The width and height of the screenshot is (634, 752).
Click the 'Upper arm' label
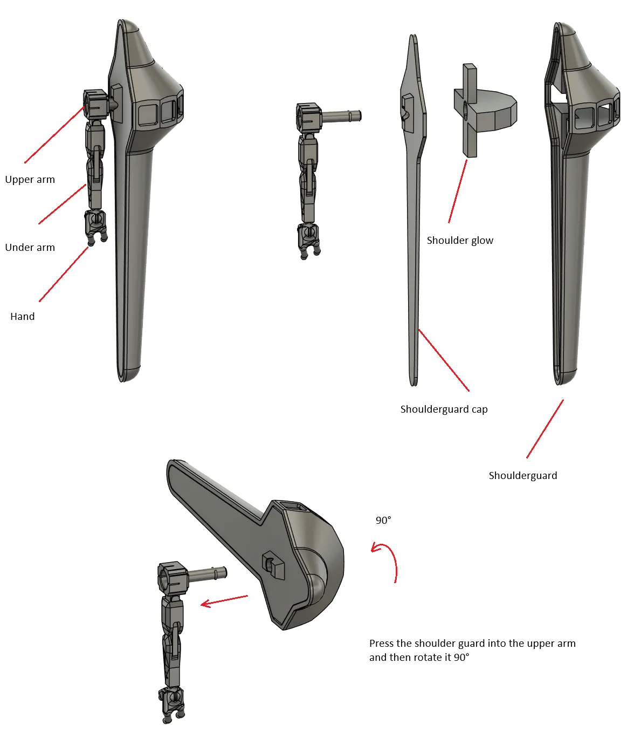(30, 179)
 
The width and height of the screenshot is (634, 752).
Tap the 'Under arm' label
(30, 248)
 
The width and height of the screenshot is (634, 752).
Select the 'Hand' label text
(22, 317)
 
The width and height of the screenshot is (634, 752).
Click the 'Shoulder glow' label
(460, 241)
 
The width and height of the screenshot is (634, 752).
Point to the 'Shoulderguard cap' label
(444, 409)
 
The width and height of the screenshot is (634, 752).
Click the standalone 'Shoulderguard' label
(523, 476)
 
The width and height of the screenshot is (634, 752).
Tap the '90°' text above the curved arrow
(383, 521)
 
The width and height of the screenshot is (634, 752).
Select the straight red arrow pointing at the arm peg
(224, 600)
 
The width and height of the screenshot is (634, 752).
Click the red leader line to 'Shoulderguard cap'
(444, 360)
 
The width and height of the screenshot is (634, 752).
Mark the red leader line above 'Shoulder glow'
(458, 192)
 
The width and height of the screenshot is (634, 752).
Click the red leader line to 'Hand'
(64, 274)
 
